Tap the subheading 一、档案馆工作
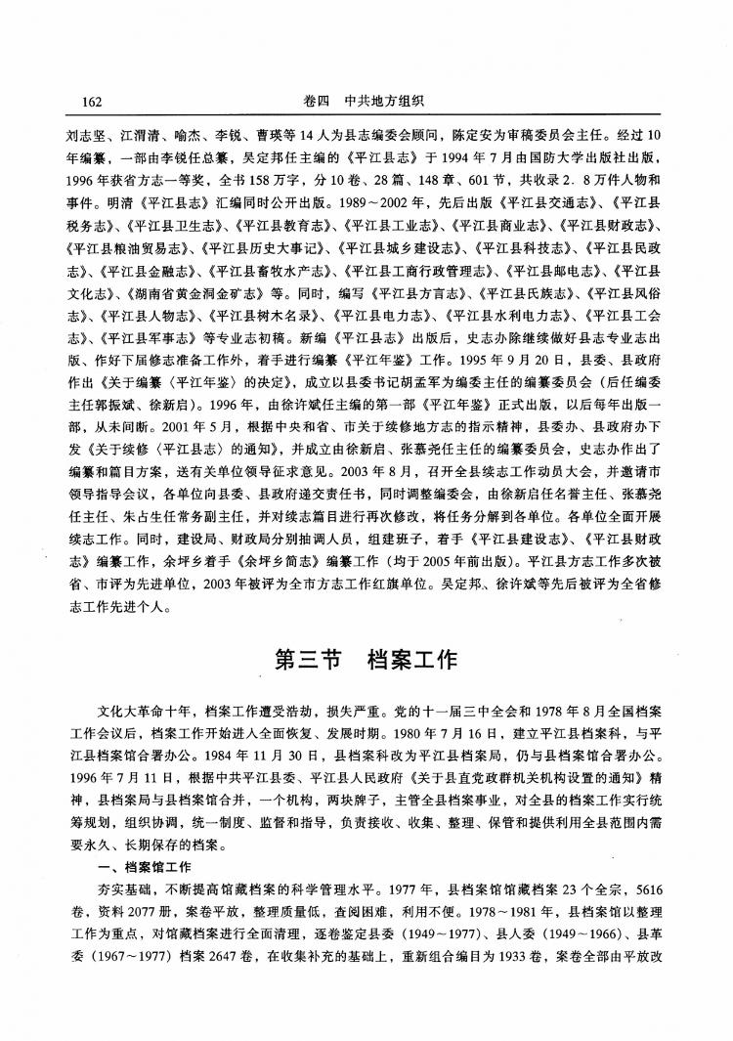[x=146, y=868]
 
